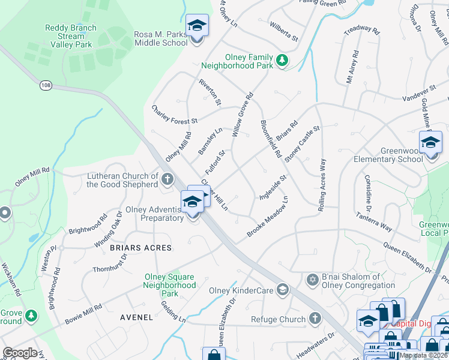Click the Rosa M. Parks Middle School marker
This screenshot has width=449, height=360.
coord(196,26)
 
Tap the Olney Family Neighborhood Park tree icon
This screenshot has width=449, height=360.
coord(282,60)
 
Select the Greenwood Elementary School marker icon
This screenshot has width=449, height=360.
coord(430,143)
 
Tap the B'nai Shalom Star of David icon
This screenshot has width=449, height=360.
coord(312,280)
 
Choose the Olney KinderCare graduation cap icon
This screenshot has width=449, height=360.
coord(282,291)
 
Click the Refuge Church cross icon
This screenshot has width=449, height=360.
coord(314,319)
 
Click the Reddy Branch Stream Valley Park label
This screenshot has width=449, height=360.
coord(71,36)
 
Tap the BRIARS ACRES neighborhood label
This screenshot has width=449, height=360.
coord(140,248)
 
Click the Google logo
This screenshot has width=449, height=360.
coord(20,352)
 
